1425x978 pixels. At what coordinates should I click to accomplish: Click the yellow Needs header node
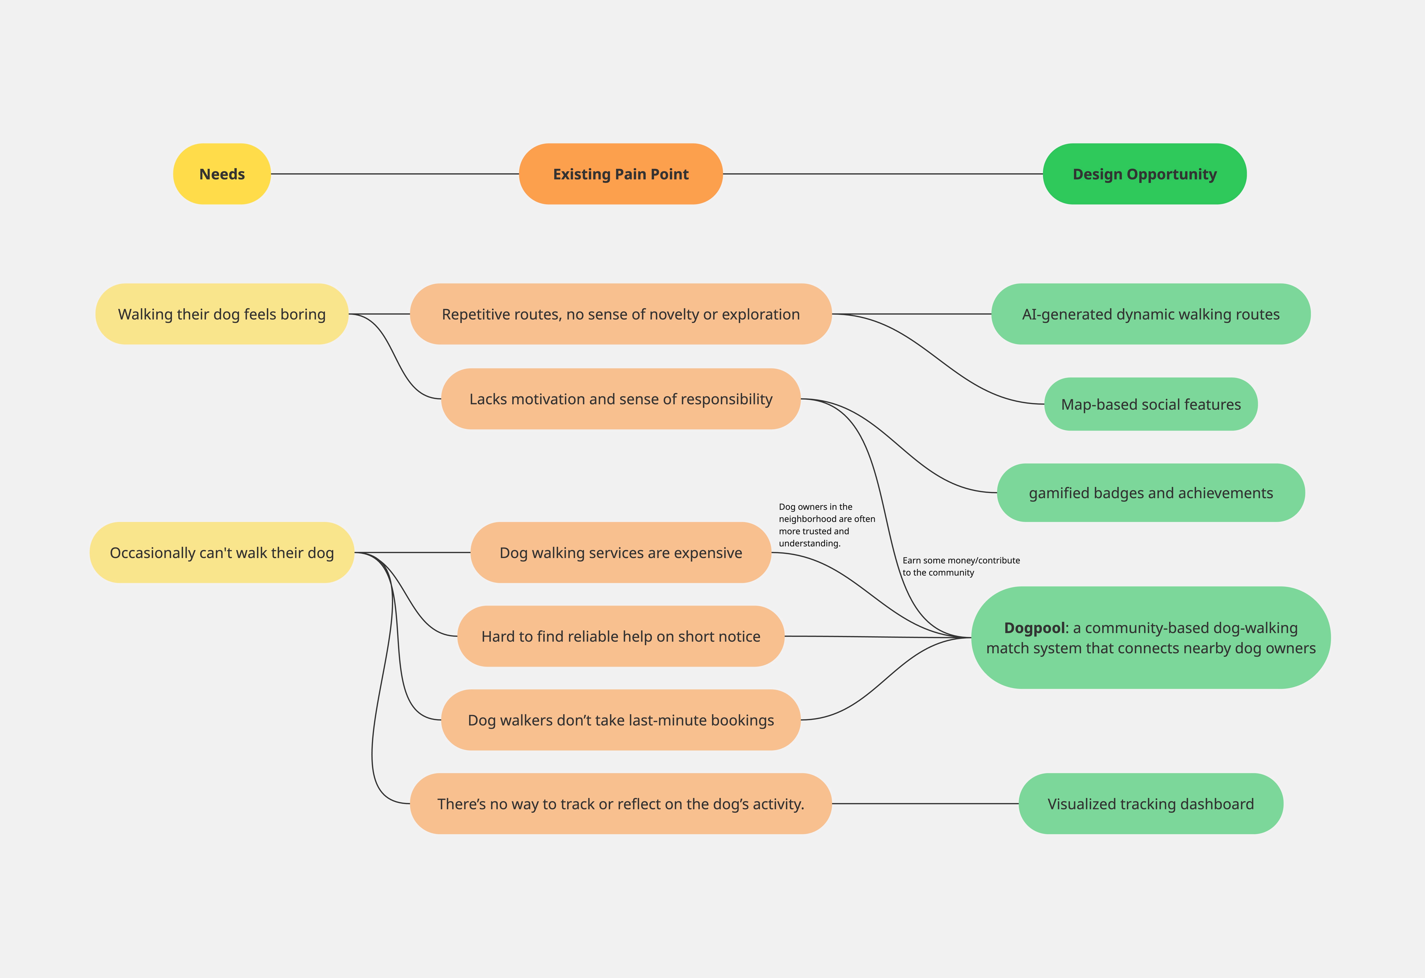[222, 174]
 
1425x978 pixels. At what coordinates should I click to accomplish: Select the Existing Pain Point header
[621, 174]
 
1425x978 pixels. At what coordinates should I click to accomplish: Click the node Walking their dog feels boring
[222, 314]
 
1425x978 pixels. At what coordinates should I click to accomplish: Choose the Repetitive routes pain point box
[621, 314]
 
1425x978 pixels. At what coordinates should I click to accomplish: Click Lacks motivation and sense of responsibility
[621, 399]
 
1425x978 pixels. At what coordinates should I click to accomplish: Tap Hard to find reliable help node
[621, 636]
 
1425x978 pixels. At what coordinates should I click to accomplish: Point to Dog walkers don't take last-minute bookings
[621, 720]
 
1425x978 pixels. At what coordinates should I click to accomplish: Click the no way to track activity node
[621, 803]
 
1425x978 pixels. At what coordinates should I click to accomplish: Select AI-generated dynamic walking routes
[1151, 314]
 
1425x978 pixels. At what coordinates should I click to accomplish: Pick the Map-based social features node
[1151, 404]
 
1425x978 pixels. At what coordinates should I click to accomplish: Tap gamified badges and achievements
[1151, 493]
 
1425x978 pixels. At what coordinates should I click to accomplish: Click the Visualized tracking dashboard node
[1151, 803]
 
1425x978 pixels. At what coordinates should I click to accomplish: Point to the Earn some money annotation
[961, 566]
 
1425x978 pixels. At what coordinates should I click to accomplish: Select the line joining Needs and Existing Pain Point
[395, 174]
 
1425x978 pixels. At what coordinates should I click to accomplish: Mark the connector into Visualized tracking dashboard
[925, 803]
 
